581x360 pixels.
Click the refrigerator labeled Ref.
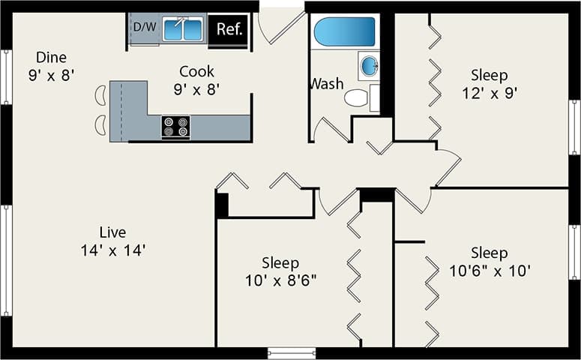tap(228, 30)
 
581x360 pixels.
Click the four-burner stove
tap(175, 127)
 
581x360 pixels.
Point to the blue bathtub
tap(344, 32)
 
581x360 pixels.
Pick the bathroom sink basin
tap(370, 66)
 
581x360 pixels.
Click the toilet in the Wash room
tap(358, 97)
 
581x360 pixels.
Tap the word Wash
tap(326, 83)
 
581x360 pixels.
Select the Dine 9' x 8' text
tap(51, 65)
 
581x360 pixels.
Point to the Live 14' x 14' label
tap(112, 241)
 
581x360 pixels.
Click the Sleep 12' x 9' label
tap(489, 84)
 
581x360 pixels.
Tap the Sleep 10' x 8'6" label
tap(280, 271)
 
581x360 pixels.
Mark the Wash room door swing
tap(330, 130)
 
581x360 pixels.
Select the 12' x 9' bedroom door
tap(448, 166)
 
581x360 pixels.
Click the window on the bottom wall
tap(292, 352)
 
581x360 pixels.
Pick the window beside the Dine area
tap(6, 77)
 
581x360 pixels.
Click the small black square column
tap(222, 205)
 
